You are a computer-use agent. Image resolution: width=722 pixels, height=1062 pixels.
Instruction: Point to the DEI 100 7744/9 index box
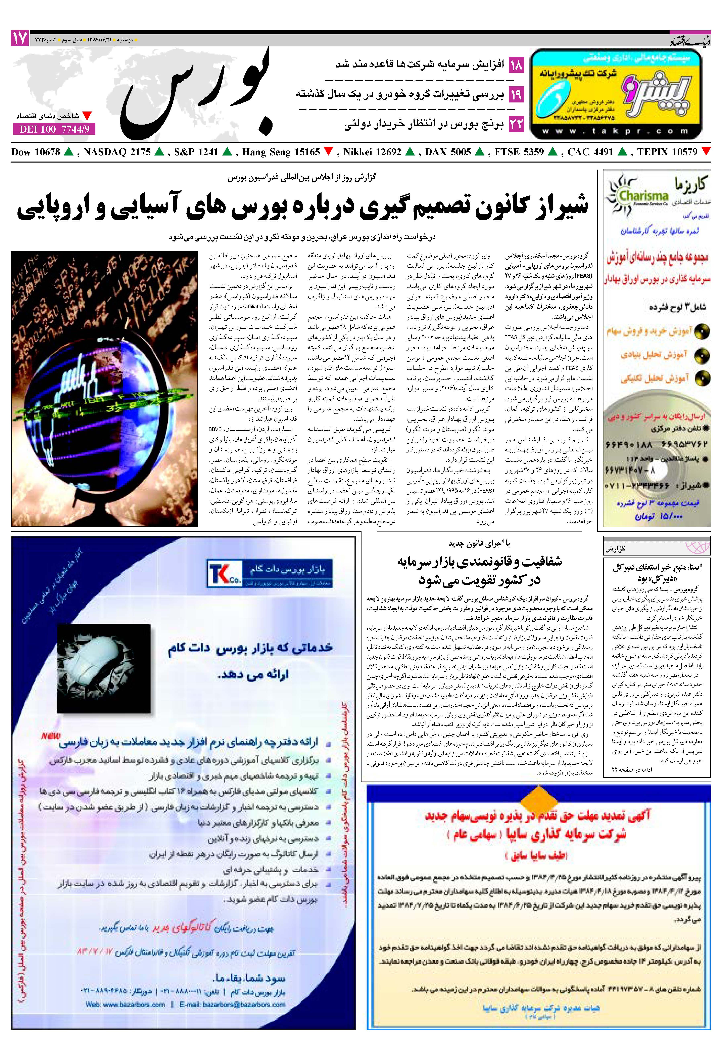(54, 129)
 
